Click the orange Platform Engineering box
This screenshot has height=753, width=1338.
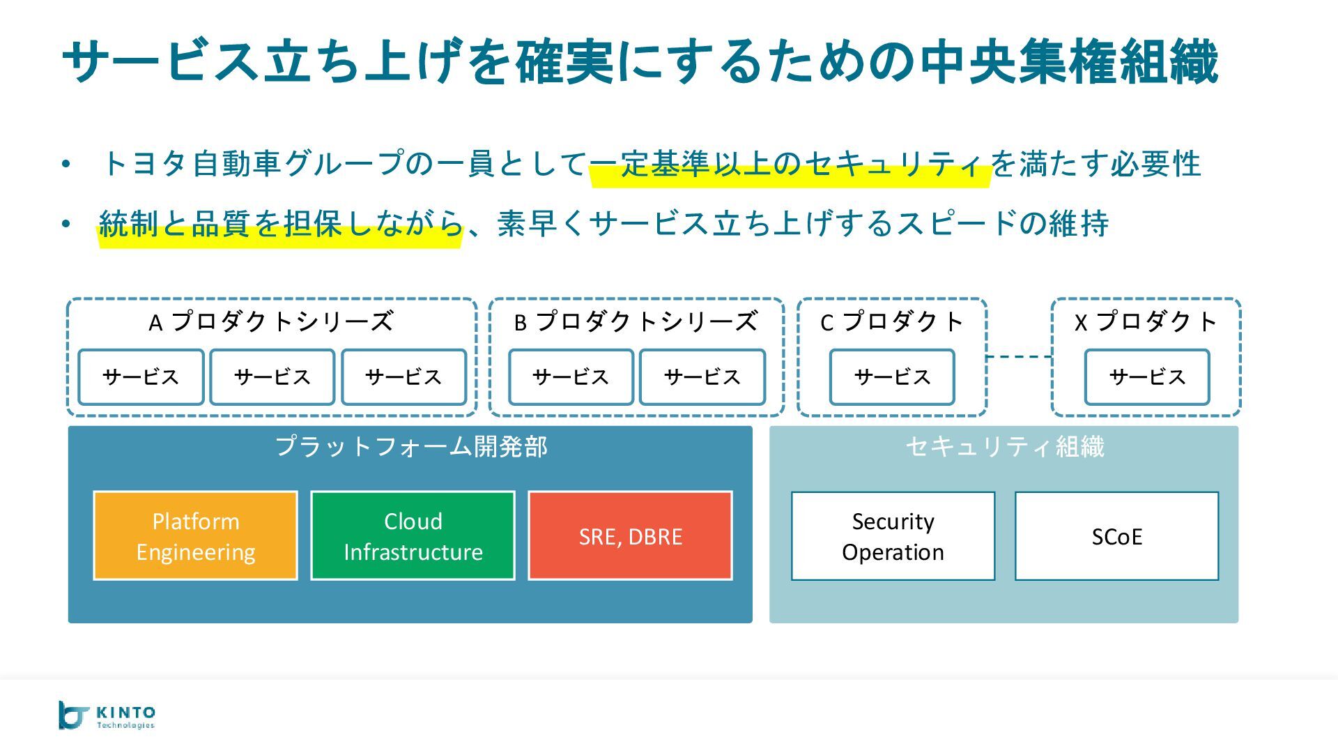point(195,536)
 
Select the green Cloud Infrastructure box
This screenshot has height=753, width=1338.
point(413,536)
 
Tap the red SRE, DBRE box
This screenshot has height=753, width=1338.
point(630,536)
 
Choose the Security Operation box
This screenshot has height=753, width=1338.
point(893,536)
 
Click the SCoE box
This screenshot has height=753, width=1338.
point(1116,536)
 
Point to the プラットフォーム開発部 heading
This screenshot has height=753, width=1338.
point(411,447)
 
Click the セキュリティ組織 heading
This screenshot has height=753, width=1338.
point(1004,447)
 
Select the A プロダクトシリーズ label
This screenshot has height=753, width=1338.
point(271,321)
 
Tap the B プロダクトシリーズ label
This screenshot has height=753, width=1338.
point(636,321)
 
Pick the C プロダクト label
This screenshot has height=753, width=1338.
point(892,321)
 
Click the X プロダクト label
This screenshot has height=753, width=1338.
point(1146,321)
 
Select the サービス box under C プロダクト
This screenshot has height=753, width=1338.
point(892,377)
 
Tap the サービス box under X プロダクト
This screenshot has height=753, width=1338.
point(1147,377)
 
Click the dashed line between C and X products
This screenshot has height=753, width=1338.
point(1019,357)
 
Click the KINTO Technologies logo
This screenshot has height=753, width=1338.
point(107,715)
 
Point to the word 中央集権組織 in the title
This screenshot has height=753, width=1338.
point(1068,61)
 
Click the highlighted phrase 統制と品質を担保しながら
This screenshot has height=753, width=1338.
point(281,225)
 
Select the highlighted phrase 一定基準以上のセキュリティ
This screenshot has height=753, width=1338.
point(790,165)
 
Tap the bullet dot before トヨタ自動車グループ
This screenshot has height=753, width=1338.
point(66,165)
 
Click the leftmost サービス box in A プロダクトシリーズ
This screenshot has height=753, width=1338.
point(141,377)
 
